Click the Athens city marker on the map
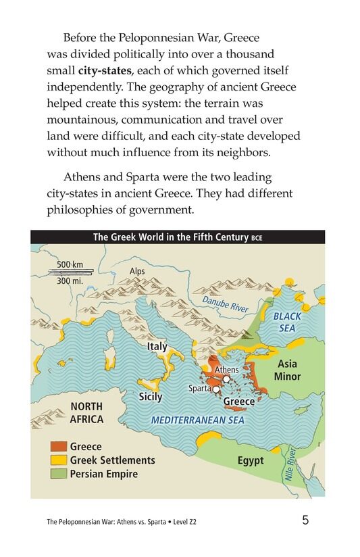pyautogui.click(x=226, y=379)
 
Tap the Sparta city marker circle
pyautogui.click(x=215, y=389)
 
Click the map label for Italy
pyautogui.click(x=157, y=347)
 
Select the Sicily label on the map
pyautogui.click(x=150, y=397)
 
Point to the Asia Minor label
pyautogui.click(x=287, y=370)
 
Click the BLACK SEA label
pyautogui.click(x=287, y=322)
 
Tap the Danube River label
pyautogui.click(x=226, y=301)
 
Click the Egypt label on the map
pyautogui.click(x=251, y=461)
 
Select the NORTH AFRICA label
pyautogui.click(x=87, y=413)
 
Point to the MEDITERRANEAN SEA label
pyautogui.click(x=197, y=420)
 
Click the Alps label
pyautogui.click(x=137, y=271)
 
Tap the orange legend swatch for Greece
pyautogui.click(x=57, y=447)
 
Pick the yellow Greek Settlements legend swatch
pyautogui.click(x=57, y=460)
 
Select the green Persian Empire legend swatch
pyautogui.click(x=57, y=474)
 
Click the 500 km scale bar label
pyautogui.click(x=70, y=264)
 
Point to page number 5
pyautogui.click(x=306, y=520)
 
